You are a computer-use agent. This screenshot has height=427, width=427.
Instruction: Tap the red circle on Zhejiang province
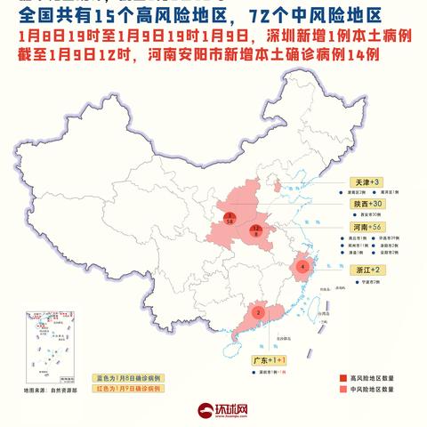coord(303,265)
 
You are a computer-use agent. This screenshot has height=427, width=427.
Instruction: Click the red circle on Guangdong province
coord(258,312)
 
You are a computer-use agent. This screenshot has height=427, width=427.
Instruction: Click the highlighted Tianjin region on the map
coord(278,187)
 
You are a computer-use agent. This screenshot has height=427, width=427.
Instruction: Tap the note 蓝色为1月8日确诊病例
coord(127,377)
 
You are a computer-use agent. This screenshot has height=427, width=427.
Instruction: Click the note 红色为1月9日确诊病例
coord(127,389)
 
